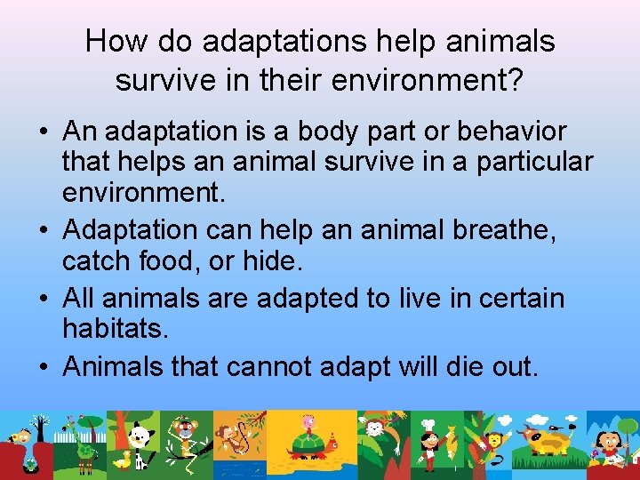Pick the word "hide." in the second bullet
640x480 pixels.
(x=276, y=261)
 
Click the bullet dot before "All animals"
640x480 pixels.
(x=43, y=299)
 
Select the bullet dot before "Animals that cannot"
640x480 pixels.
(x=43, y=366)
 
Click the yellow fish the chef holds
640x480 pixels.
(x=450, y=440)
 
